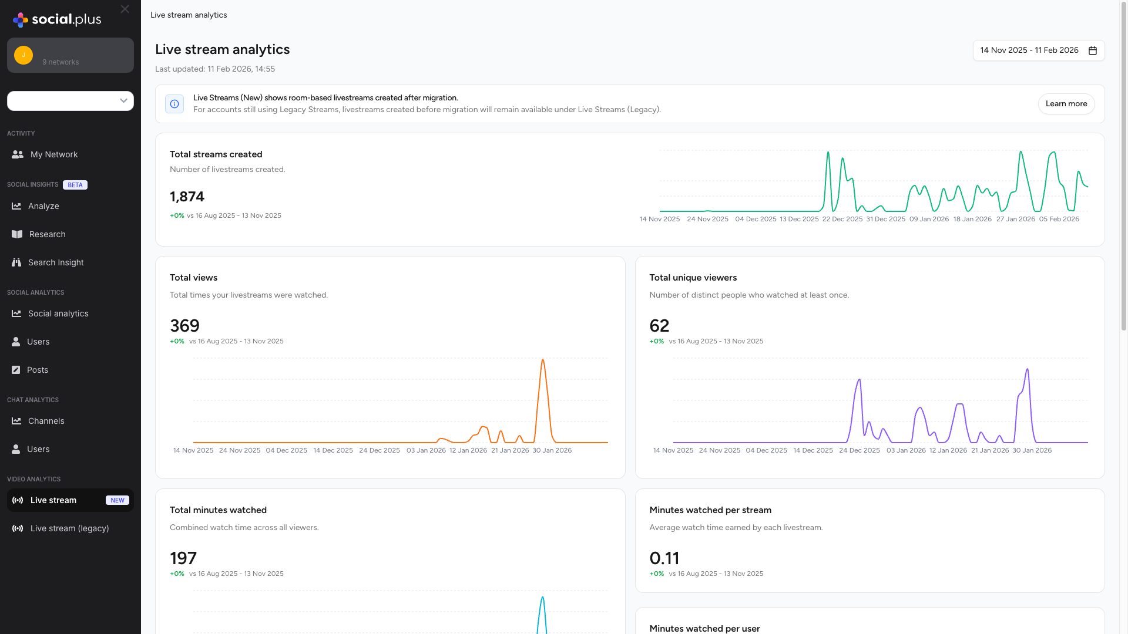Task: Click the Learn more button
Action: tap(1066, 104)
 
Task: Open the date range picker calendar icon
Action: tap(1093, 50)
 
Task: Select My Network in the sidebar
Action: tap(53, 154)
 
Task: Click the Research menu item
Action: tap(47, 234)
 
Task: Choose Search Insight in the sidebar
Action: tap(56, 262)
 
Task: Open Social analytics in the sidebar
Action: tap(58, 313)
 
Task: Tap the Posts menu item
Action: tap(38, 370)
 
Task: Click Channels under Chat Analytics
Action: tap(46, 421)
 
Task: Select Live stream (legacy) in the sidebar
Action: tap(69, 528)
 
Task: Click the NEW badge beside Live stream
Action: tap(117, 500)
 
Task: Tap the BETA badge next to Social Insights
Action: tap(75, 185)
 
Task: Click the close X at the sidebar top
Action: tap(125, 9)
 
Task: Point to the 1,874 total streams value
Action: tap(187, 197)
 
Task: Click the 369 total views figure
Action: tap(184, 326)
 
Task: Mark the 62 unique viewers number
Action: tap(659, 326)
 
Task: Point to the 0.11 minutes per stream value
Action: tap(664, 558)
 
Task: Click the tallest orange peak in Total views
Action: tap(543, 360)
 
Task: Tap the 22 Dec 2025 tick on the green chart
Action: tap(842, 219)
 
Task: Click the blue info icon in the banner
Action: tap(174, 104)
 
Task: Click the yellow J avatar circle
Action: tap(23, 55)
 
